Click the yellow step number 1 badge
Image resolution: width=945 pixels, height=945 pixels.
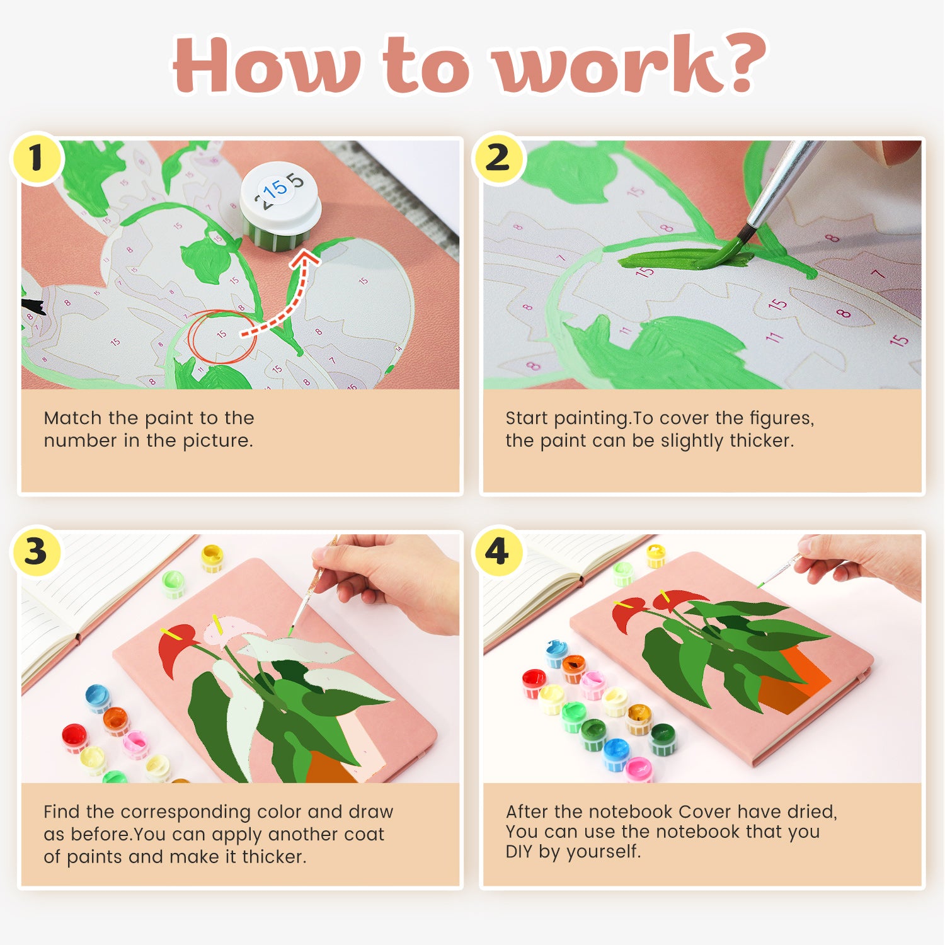click(37, 157)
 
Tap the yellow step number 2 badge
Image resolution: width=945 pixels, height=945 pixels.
click(498, 157)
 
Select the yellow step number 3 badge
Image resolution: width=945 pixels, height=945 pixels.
click(37, 551)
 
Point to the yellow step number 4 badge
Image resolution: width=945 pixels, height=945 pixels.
click(498, 551)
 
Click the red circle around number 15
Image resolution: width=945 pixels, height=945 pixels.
click(221, 336)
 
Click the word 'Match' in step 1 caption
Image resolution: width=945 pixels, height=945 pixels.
click(72, 418)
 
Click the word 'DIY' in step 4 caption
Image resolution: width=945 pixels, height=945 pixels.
click(520, 852)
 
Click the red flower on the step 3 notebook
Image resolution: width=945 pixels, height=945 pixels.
click(173, 649)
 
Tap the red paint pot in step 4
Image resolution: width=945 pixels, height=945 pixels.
click(534, 682)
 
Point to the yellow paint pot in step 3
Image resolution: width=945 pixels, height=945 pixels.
click(212, 558)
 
